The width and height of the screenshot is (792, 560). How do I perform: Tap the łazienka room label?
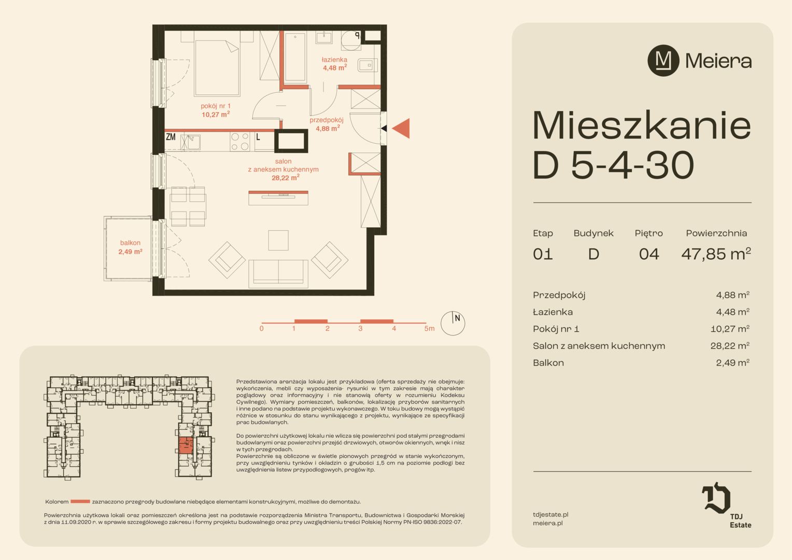pos(334,60)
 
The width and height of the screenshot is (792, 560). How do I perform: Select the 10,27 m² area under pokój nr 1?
pos(216,114)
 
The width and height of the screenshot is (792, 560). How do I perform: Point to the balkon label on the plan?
pos(130,243)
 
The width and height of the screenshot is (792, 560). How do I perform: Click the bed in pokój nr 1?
pos(217,67)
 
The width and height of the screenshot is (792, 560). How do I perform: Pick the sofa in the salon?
pos(278,273)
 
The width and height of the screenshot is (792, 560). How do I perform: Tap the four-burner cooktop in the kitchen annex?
pos(239,142)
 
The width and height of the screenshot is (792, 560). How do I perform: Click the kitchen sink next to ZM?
pos(191,142)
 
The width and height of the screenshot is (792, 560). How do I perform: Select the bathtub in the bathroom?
pos(295,58)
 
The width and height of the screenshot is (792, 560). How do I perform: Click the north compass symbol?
pos(452,323)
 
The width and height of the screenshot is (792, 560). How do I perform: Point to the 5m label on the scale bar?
pos(429,329)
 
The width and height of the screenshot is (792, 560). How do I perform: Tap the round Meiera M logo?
pos(663,61)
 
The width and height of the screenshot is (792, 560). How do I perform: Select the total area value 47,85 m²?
pos(716,254)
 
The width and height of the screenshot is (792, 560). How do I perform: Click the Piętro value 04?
pos(649,255)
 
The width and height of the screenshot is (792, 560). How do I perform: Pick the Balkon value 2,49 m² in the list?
pos(732,363)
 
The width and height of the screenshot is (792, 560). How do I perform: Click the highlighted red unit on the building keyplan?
pos(186,446)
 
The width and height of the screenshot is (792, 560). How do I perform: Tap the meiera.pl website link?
pos(548,523)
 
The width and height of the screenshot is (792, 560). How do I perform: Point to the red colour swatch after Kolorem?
pos(80,501)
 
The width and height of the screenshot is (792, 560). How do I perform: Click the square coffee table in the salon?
pos(278,240)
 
